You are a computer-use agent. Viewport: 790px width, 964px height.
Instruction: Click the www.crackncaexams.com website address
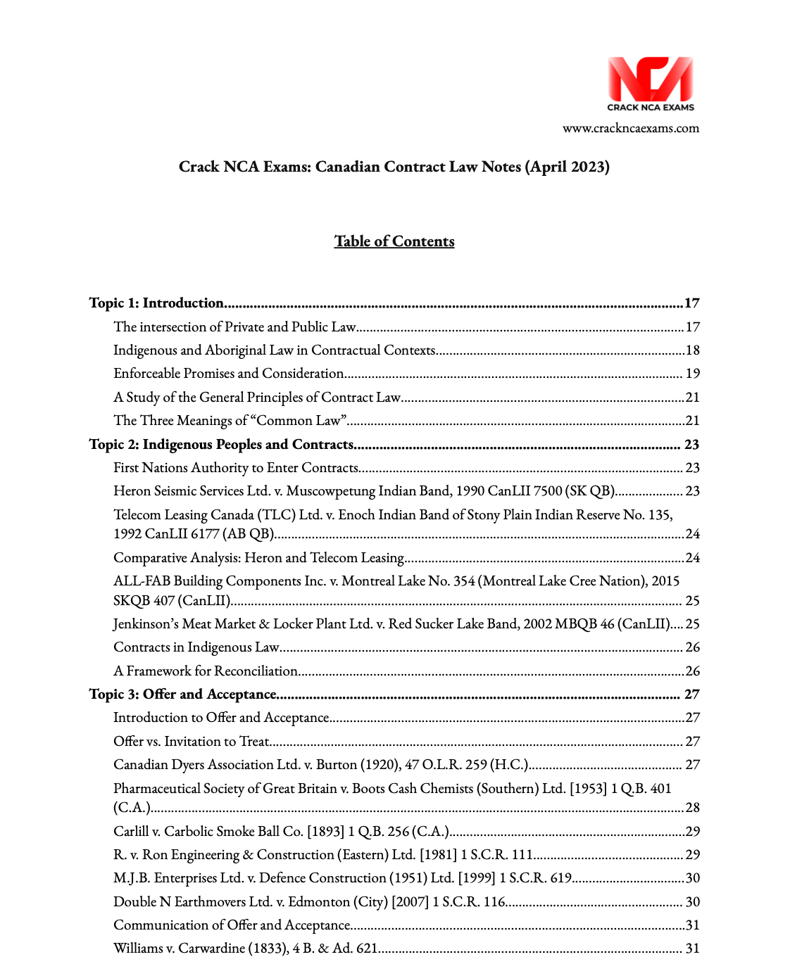click(630, 128)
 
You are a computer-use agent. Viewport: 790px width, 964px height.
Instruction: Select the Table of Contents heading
click(394, 241)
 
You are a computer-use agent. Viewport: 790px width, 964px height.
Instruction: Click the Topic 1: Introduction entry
click(156, 303)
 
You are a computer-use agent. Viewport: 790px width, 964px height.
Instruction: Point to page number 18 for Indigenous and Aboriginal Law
click(692, 350)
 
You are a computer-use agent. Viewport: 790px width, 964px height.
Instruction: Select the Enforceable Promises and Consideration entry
click(229, 374)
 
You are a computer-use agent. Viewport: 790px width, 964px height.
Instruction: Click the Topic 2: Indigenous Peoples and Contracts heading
click(221, 445)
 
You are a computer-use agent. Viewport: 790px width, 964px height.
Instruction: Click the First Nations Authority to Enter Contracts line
click(236, 468)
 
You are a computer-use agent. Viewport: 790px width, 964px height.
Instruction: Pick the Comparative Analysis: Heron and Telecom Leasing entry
click(258, 558)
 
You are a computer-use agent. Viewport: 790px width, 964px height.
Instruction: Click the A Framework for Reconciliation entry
click(206, 671)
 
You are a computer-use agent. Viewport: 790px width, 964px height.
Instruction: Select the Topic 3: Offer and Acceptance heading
click(183, 695)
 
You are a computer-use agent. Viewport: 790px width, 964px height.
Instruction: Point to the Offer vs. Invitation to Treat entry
click(192, 742)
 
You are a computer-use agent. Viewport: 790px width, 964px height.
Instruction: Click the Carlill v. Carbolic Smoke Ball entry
click(281, 832)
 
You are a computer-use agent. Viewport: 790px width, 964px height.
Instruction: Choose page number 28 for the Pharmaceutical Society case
click(692, 808)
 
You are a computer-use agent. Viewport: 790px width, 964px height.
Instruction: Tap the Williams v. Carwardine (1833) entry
click(246, 949)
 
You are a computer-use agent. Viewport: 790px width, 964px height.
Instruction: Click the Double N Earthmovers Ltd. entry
click(309, 902)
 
